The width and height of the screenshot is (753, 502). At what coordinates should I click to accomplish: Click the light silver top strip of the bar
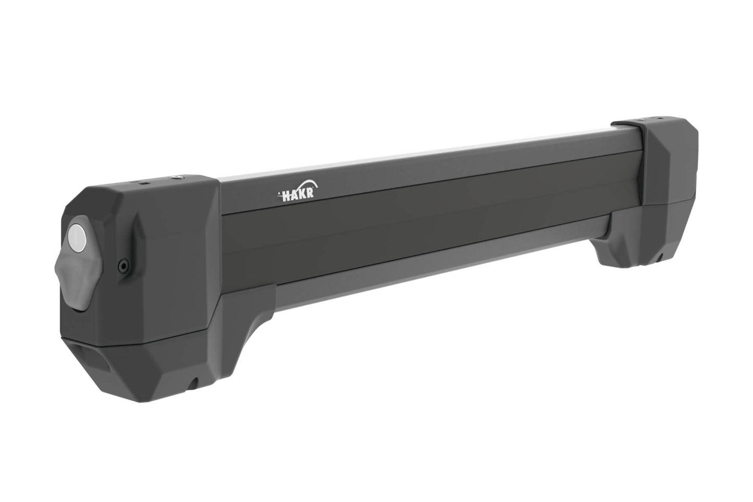(x=417, y=157)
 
